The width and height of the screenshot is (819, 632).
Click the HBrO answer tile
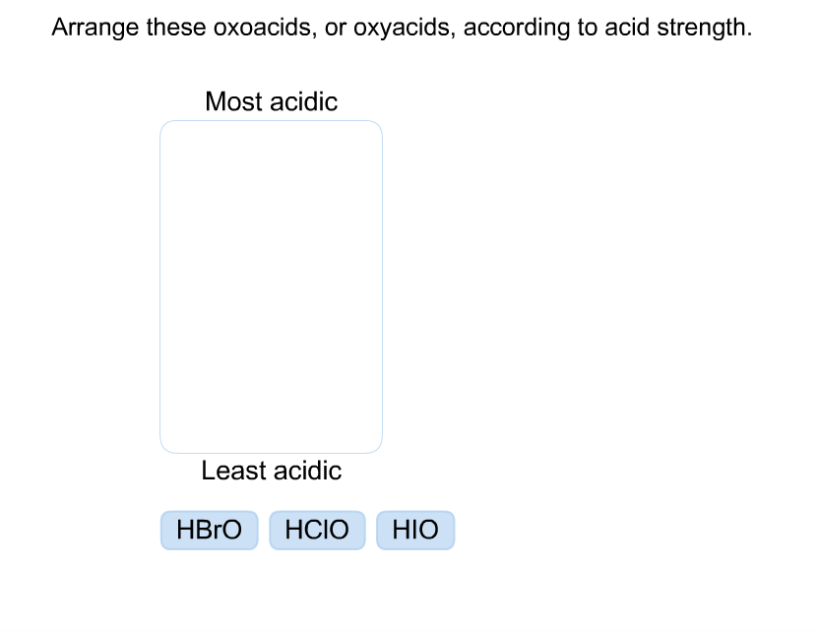(209, 530)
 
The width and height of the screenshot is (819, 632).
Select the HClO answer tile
(317, 530)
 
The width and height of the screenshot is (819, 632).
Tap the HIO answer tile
(415, 530)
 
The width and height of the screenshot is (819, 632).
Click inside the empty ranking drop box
(271, 285)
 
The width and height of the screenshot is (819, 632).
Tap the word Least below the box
(231, 471)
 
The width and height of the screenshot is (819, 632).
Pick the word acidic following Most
(303, 101)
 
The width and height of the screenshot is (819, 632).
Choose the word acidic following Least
(307, 471)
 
